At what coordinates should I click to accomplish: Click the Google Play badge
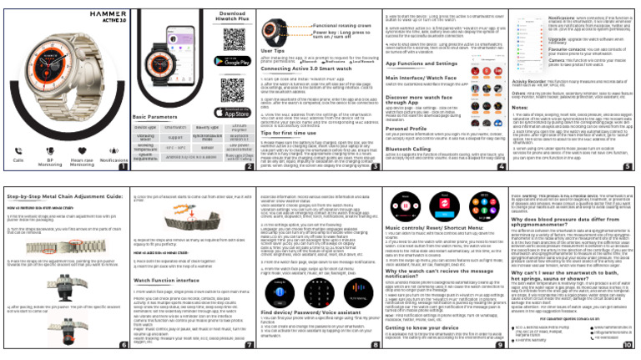click(x=191, y=61)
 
